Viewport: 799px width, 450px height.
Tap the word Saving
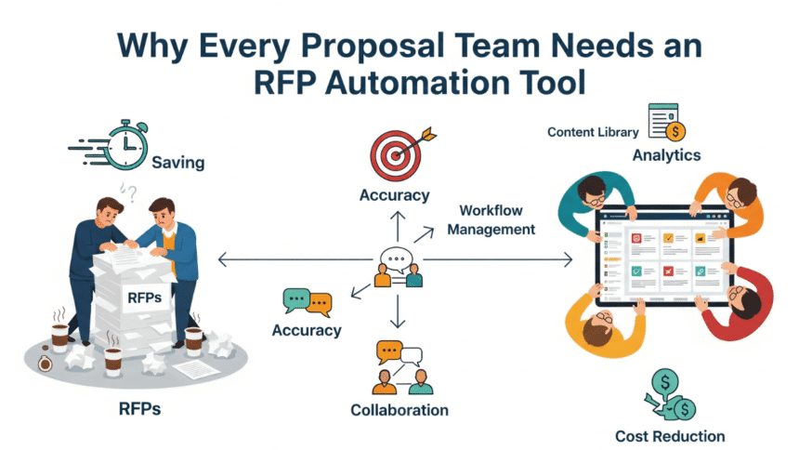point(178,163)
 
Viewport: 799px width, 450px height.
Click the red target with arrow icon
point(396,152)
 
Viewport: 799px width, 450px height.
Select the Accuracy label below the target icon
point(395,195)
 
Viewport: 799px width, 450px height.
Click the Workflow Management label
point(491,219)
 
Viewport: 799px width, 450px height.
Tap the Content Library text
point(592,132)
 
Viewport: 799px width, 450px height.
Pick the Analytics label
point(666,155)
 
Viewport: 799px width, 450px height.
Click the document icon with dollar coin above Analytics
point(668,122)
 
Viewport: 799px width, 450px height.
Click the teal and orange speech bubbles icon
point(308,302)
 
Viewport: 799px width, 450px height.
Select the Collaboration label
point(399,410)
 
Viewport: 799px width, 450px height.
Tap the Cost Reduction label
point(670,436)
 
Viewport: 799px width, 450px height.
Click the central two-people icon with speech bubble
point(398,268)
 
